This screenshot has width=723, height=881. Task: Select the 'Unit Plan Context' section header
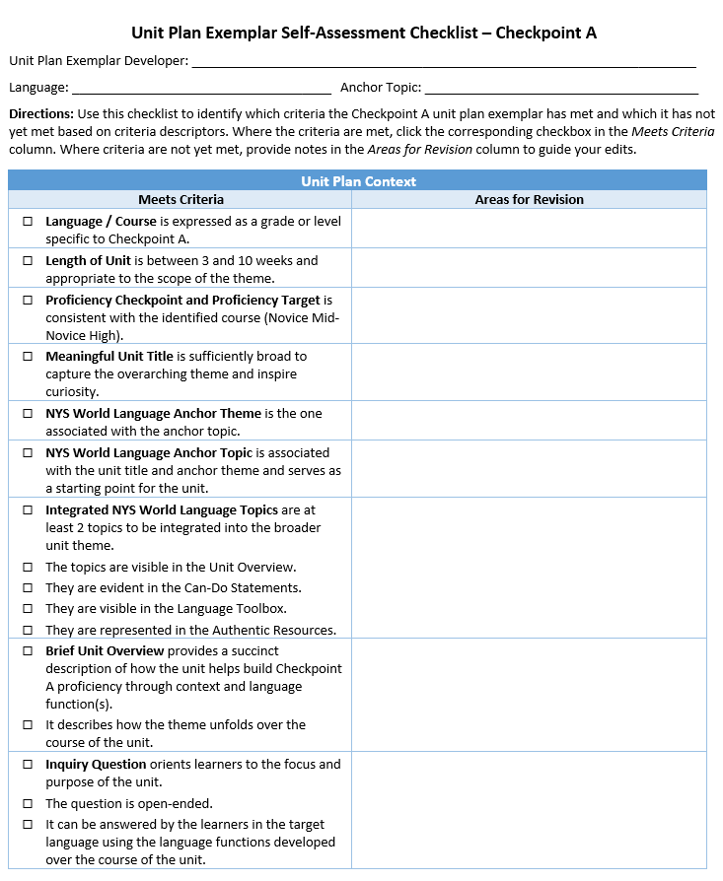point(358,181)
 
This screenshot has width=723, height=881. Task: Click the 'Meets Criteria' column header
point(181,200)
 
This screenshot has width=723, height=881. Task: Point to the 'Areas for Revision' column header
point(529,200)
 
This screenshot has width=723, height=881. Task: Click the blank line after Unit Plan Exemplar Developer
point(444,61)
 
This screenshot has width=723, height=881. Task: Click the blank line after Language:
point(202,88)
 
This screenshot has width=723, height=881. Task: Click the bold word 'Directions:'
point(40,114)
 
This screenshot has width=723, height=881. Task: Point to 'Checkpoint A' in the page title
point(545,33)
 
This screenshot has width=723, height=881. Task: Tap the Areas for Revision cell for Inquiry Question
point(529,810)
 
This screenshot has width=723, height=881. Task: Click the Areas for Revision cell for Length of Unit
point(529,268)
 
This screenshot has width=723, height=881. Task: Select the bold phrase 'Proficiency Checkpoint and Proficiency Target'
point(182,301)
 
